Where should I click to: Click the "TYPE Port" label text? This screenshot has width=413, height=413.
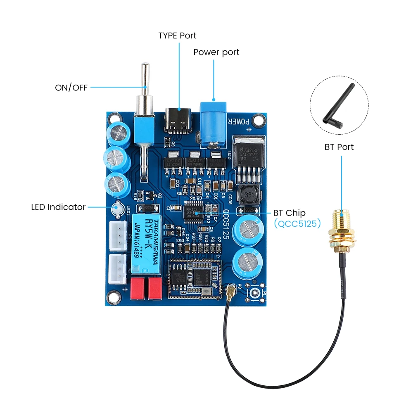click(177, 36)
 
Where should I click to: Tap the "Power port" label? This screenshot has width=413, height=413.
click(216, 52)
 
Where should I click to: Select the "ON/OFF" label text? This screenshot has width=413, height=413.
click(71, 88)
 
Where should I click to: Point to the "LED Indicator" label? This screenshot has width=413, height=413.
click(58, 207)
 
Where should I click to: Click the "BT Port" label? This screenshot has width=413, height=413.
click(339, 147)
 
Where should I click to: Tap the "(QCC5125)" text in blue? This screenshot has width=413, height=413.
click(297, 224)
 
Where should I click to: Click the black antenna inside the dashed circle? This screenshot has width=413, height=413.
click(338, 105)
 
